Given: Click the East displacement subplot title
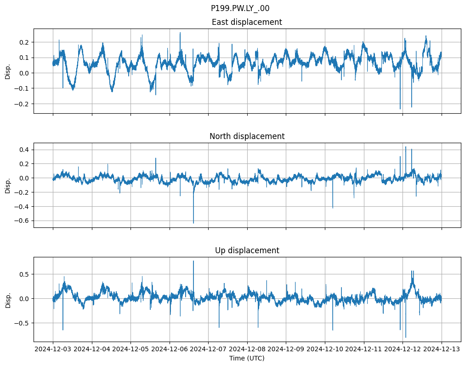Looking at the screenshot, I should click(247, 22).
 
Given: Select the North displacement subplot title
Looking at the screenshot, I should click(247, 136).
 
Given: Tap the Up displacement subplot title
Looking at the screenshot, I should click(247, 250).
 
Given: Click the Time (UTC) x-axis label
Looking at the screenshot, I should click(247, 358).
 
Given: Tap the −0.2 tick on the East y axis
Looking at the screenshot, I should click(22, 104).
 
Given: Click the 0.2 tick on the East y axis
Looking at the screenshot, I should click(24, 42).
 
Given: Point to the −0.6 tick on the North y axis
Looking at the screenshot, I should click(22, 221).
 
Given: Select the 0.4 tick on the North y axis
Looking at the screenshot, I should click(24, 150).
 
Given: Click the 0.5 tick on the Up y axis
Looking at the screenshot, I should click(24, 274).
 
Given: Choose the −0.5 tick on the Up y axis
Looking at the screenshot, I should click(22, 323).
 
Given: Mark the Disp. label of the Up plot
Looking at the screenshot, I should click(8, 299).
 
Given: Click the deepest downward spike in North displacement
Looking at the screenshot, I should click(193, 223).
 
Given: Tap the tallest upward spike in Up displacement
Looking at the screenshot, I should click(193, 261).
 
